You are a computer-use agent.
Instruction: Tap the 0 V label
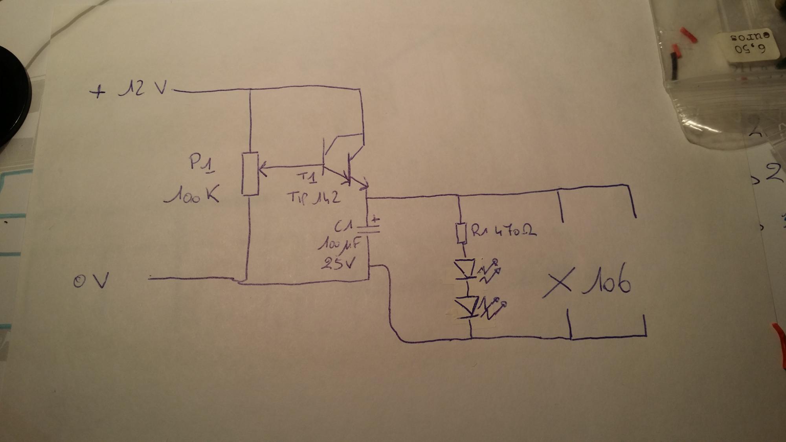(x=90, y=281)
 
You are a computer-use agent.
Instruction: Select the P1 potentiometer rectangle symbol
(x=250, y=174)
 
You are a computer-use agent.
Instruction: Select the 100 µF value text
(x=339, y=246)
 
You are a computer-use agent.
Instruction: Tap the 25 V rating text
(x=338, y=264)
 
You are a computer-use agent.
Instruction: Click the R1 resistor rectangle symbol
(x=461, y=233)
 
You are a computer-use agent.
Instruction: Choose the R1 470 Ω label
(x=504, y=231)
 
